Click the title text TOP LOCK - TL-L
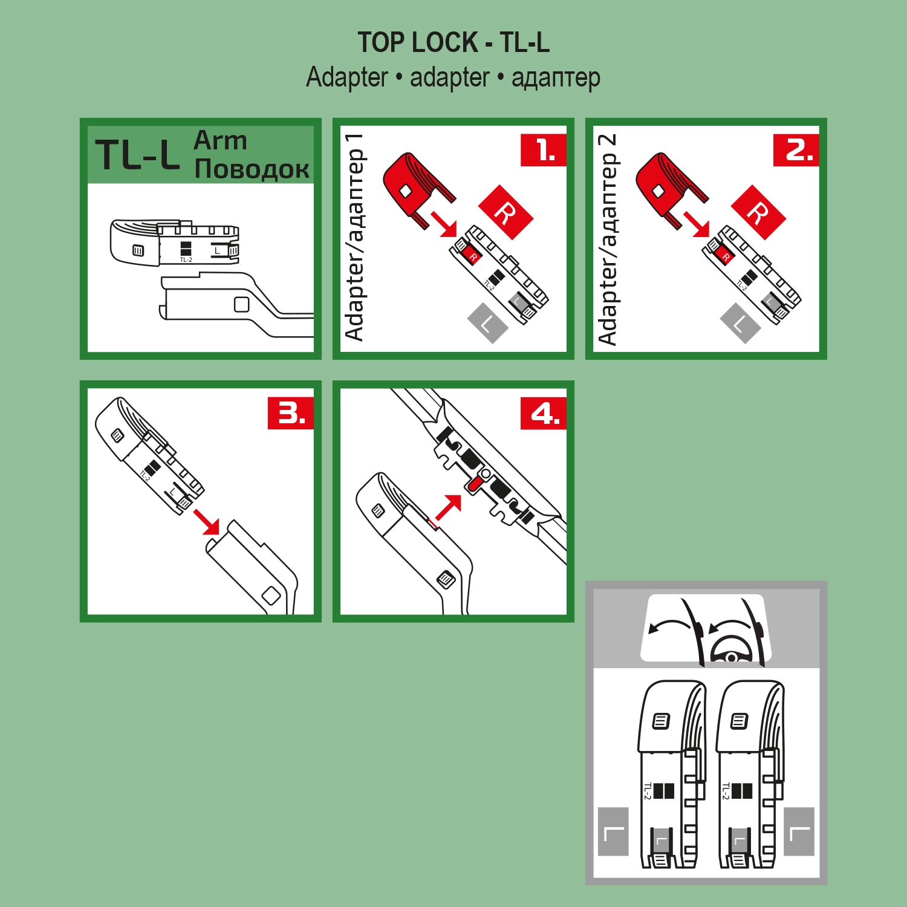[453, 43]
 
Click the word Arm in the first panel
[220, 140]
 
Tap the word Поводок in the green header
[252, 169]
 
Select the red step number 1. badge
[544, 150]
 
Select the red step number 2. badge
[796, 150]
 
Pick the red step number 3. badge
[291, 414]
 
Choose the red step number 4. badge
[544, 414]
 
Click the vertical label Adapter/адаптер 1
[355, 237]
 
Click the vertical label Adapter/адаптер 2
[608, 239]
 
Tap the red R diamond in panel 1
[506, 213]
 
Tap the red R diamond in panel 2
[758, 213]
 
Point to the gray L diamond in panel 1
[487, 323]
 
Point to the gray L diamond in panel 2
[740, 323]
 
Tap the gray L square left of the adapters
[613, 831]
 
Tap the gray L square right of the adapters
[799, 831]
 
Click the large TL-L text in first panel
[138, 155]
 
